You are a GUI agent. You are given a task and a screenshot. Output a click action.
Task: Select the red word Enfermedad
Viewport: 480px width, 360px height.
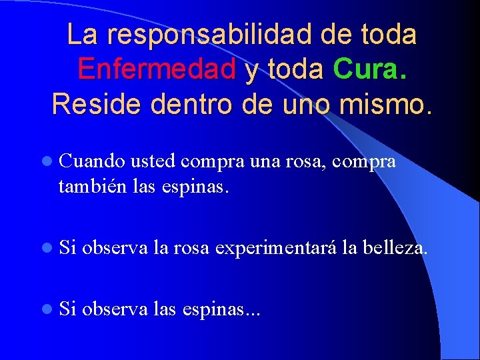click(157, 69)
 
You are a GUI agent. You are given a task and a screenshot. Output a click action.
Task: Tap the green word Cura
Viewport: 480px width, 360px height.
click(369, 69)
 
